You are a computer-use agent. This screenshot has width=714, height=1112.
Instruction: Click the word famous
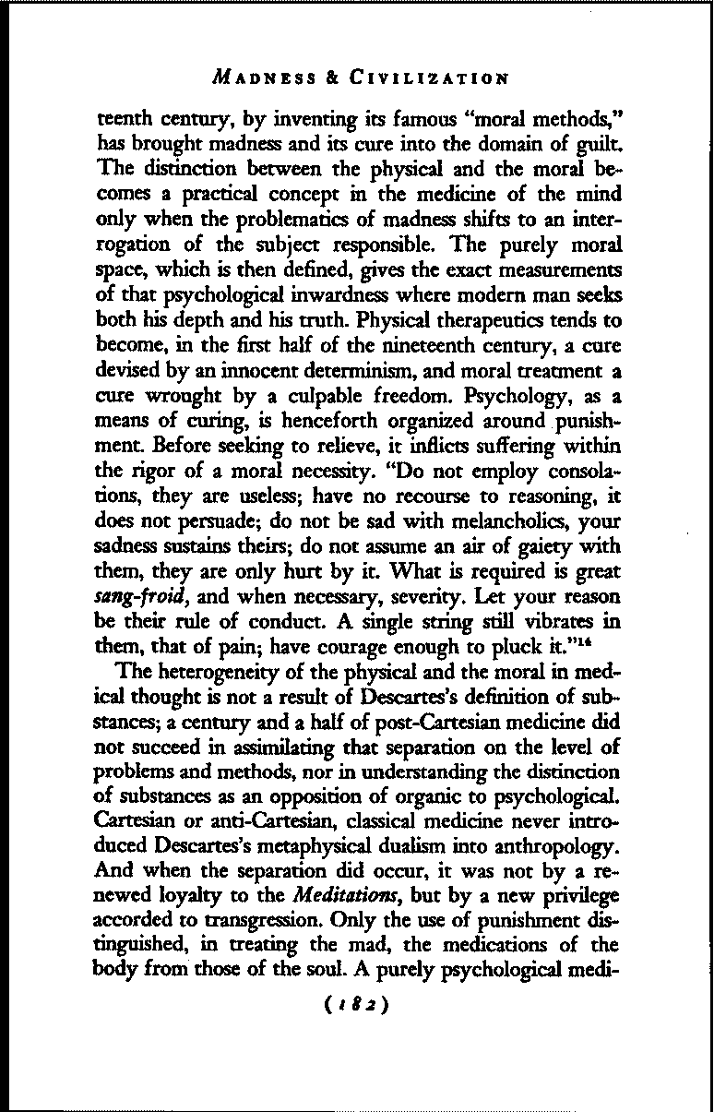tap(380, 118)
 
